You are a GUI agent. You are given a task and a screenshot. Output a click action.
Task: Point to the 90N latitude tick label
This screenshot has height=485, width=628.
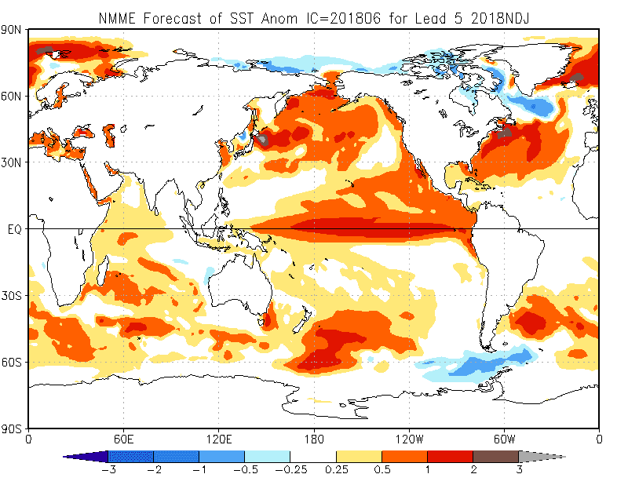(13, 30)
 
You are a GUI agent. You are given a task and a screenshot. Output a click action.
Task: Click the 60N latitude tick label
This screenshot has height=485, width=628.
(13, 96)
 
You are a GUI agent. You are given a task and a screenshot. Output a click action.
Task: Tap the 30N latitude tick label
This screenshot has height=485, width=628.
(13, 162)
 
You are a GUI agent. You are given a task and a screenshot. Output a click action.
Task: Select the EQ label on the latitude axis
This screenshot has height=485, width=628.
(14, 229)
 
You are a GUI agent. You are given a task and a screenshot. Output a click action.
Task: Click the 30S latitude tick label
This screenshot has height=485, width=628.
(13, 296)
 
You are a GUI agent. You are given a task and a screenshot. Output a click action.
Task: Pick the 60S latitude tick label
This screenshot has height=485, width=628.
(13, 363)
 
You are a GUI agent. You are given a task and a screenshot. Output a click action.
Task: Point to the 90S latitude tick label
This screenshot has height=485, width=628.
(13, 428)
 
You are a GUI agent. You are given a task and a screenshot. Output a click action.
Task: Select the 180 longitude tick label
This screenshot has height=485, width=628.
(314, 438)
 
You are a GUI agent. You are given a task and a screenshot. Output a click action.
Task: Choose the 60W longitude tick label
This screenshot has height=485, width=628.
(504, 438)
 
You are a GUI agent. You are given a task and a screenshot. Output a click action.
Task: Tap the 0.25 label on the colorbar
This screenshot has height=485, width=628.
(336, 469)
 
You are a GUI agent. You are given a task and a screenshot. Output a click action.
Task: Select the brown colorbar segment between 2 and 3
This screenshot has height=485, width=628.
(495, 456)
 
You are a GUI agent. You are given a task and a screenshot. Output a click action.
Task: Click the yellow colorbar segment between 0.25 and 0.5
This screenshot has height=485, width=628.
(359, 456)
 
